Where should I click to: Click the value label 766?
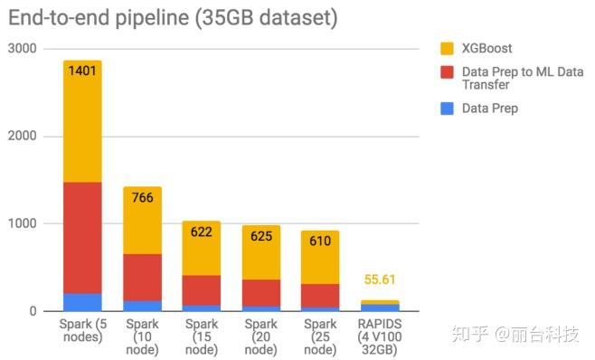(x=142, y=196)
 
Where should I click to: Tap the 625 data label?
(x=261, y=235)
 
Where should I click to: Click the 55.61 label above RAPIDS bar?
(x=380, y=280)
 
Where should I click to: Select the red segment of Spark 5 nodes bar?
(x=82, y=237)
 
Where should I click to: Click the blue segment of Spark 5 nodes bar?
(x=82, y=302)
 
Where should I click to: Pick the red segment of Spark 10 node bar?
(x=142, y=277)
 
